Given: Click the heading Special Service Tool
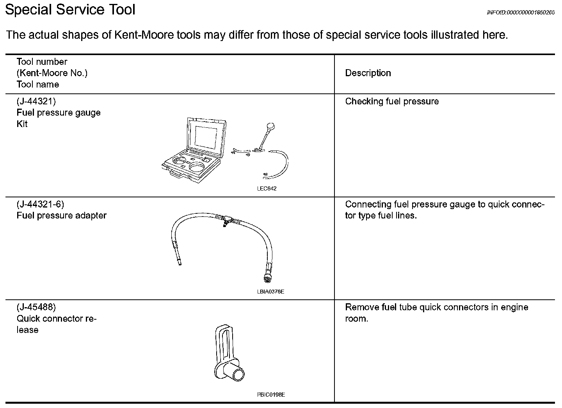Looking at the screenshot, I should [x=70, y=9].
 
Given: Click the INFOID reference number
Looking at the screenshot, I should [x=521, y=13].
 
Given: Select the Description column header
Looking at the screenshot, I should [x=368, y=73].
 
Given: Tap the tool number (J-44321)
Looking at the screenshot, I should [x=36, y=102].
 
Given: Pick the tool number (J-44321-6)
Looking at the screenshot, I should [x=40, y=204].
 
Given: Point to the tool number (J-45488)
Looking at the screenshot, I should [x=36, y=307].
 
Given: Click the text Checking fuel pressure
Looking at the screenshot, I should [x=392, y=102].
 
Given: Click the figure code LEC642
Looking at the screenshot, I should [x=267, y=189].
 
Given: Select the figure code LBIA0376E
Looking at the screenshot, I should [x=270, y=292].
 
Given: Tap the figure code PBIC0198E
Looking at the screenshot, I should [x=271, y=395].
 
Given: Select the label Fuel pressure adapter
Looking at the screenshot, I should [x=61, y=216].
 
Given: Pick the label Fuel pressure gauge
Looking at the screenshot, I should [x=59, y=113].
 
